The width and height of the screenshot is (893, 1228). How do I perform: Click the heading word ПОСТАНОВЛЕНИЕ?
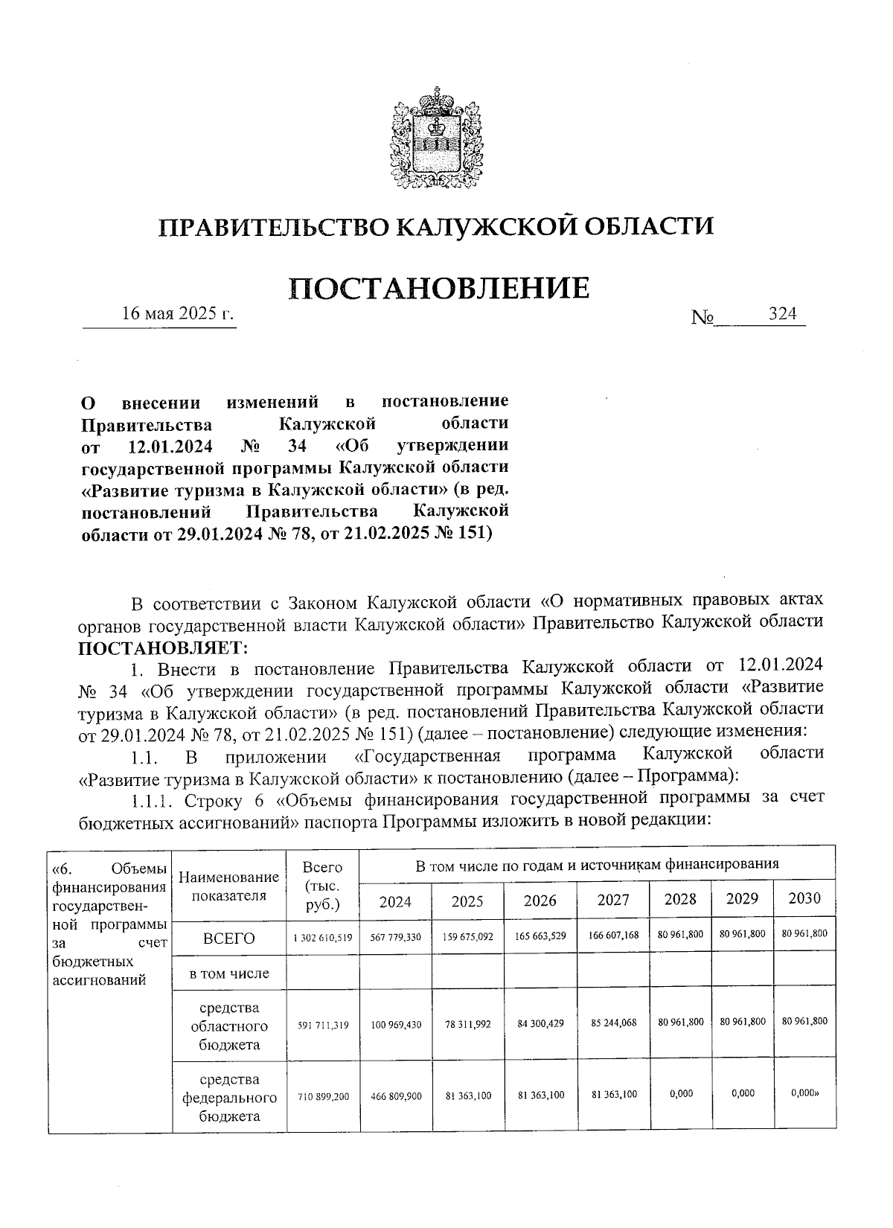[439, 288]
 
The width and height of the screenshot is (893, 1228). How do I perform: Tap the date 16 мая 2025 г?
[179, 313]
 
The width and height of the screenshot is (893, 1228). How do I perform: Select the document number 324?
[783, 314]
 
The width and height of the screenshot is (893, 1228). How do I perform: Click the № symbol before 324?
[702, 318]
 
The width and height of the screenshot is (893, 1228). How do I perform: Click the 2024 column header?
[395, 901]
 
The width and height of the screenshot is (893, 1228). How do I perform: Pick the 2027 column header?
[613, 901]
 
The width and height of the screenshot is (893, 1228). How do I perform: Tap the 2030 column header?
[804, 898]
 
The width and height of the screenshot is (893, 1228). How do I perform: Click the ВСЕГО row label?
[229, 938]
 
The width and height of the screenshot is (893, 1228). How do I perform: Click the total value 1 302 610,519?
[323, 938]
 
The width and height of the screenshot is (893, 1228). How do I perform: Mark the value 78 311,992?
[467, 1024]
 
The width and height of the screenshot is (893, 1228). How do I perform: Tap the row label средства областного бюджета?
[229, 1026]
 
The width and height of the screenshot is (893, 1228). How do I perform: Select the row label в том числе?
[229, 973]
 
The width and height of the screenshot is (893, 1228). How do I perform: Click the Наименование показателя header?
[229, 887]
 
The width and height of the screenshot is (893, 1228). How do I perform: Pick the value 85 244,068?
[613, 1023]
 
